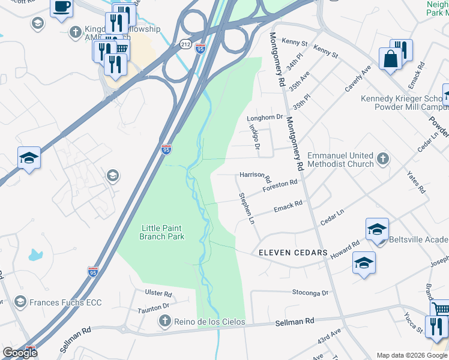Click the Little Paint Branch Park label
[x=161, y=232]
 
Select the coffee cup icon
[x=61, y=7]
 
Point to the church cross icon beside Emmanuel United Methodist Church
[x=382, y=160]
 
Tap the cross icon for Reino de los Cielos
[x=164, y=322]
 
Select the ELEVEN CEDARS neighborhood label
[x=293, y=253]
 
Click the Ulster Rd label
[x=158, y=294]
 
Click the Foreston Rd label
[x=280, y=187]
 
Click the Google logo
[x=20, y=353]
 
